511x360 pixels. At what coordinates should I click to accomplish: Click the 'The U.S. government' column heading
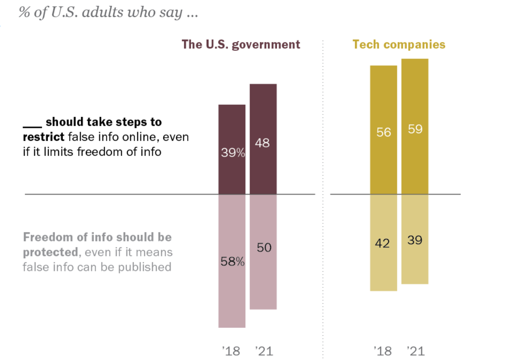pos(241,44)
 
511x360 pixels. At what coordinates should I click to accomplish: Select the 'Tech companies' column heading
pos(399,44)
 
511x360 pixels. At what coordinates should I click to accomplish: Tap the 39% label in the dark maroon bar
pos(232,153)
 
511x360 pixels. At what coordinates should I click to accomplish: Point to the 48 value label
pos(262,143)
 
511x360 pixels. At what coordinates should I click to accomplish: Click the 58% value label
pos(232,261)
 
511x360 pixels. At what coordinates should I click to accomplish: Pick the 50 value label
pos(264,247)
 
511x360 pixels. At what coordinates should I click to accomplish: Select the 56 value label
pos(384,132)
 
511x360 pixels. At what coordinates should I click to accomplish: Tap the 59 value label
pos(415,129)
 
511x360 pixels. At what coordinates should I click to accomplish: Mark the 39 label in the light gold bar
pos(415,240)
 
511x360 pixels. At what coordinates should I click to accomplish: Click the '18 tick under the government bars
pos(231,351)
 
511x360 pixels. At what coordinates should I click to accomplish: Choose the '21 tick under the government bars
pos(263,351)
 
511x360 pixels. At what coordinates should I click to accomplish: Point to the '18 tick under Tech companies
pos(382,351)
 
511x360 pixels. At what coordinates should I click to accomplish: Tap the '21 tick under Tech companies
pos(415,351)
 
